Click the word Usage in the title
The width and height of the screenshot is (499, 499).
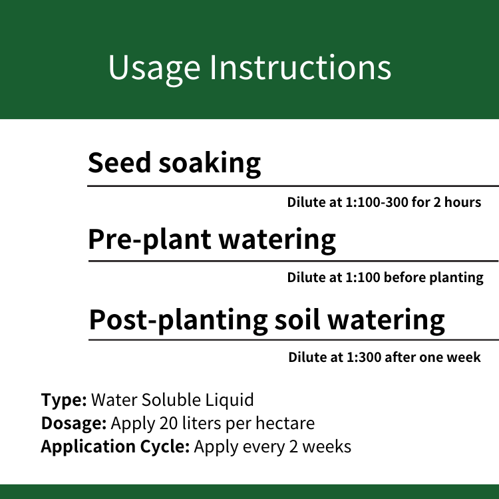point(154,69)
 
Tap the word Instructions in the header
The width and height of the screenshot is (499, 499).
point(301,67)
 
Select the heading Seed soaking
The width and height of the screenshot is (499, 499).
point(174,164)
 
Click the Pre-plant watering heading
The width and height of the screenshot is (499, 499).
point(212,240)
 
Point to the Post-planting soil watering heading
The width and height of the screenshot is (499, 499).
point(267,321)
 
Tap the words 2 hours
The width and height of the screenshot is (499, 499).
point(457,202)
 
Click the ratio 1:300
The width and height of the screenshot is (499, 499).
point(364,357)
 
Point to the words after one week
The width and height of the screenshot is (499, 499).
point(433,357)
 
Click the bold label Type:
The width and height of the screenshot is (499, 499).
point(64,401)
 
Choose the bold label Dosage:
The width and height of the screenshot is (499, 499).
point(74,424)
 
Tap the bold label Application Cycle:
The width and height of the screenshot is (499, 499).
point(115,447)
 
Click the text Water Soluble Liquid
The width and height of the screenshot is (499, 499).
point(172,400)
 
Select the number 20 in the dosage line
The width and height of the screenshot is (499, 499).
point(168,424)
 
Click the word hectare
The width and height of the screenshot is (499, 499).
point(285,424)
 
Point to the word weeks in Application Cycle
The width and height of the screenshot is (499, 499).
point(327,446)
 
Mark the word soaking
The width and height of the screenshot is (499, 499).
point(210,164)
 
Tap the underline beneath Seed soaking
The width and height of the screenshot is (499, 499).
point(293,186)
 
